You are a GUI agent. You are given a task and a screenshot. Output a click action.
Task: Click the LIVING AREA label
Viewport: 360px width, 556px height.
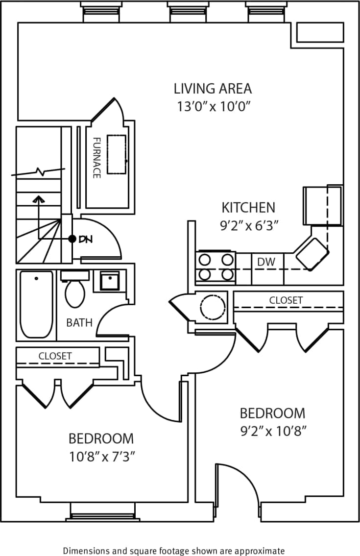tap(213, 89)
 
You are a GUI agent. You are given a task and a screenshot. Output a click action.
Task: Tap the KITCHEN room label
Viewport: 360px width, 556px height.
tap(248, 207)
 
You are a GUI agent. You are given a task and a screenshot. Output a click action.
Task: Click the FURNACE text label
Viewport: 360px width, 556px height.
tap(96, 157)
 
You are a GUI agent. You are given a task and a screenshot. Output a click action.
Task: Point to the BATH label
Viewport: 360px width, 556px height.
tap(79, 322)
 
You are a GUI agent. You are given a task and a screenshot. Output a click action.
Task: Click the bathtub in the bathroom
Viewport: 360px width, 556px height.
tap(36, 304)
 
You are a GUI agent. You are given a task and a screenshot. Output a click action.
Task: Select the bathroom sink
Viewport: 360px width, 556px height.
tap(110, 281)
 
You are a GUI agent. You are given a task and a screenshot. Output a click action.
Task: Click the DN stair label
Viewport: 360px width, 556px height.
tap(85, 239)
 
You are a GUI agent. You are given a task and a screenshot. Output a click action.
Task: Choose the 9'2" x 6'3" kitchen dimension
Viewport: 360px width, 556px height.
tap(248, 226)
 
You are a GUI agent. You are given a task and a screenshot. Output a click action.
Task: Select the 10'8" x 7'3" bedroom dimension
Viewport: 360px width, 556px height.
tap(101, 457)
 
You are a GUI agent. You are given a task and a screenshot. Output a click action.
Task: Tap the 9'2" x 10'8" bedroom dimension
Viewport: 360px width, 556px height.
tap(272, 431)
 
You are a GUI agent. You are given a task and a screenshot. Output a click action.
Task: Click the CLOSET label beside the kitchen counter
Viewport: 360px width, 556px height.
tap(286, 300)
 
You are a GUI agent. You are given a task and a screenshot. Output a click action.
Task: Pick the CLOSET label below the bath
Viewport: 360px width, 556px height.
tap(55, 356)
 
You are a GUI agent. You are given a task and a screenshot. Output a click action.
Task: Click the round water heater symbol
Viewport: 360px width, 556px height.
tap(213, 307)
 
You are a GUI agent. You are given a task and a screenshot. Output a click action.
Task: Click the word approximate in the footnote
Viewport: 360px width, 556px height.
tap(260, 551)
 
